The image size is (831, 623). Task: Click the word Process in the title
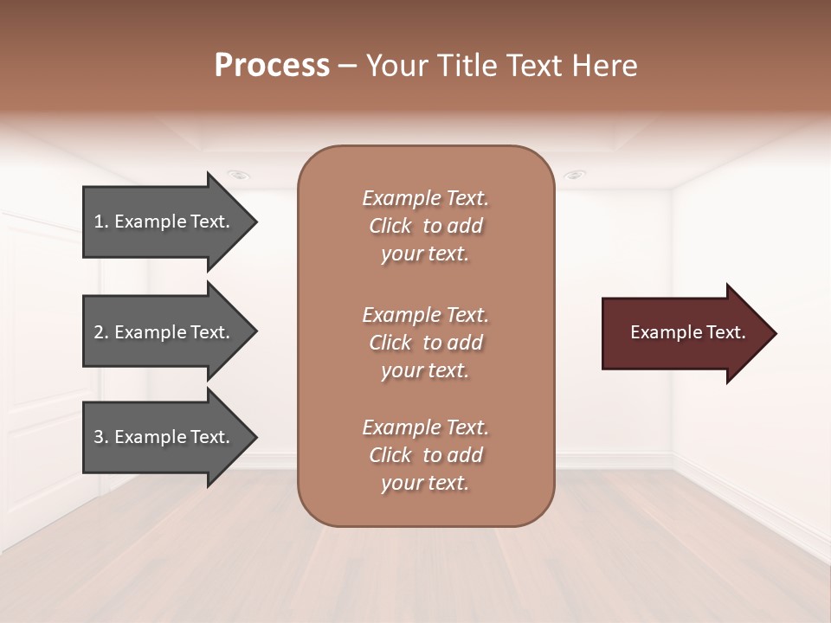click(272, 66)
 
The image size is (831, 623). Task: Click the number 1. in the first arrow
click(100, 222)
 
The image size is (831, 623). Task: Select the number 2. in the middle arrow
click(100, 332)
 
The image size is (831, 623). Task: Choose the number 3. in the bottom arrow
click(100, 437)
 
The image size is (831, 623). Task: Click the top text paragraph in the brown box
click(425, 226)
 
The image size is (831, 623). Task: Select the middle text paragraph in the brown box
click(425, 343)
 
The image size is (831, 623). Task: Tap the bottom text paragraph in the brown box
click(425, 455)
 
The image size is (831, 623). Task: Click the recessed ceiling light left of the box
click(239, 175)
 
